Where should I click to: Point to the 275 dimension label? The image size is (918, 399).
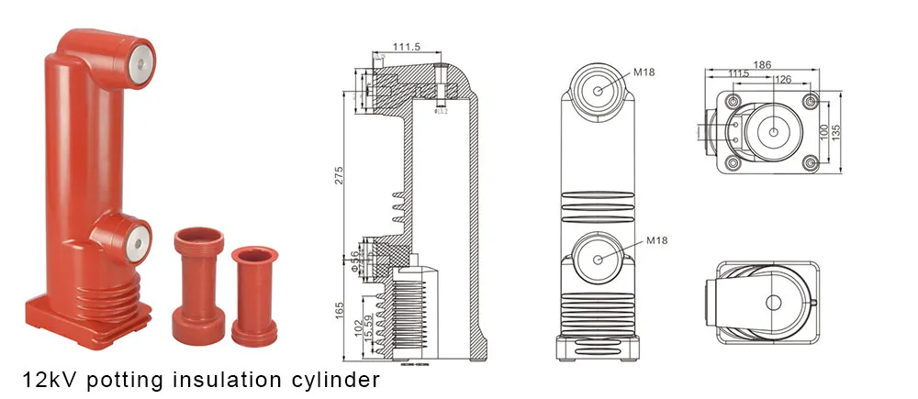(x=341, y=177)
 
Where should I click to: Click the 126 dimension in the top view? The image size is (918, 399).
(x=783, y=79)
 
